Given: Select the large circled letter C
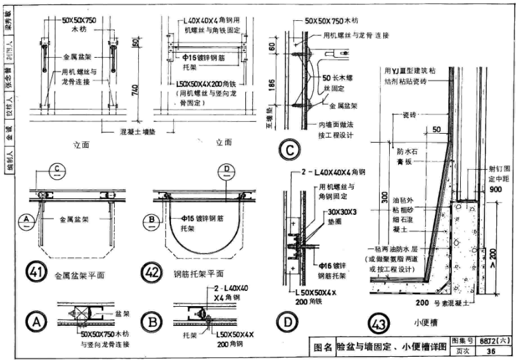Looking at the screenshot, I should [288, 151].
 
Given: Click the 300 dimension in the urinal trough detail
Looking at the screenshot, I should [384, 198].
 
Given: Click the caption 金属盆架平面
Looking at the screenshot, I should [79, 274].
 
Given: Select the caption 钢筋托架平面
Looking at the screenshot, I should [198, 274].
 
